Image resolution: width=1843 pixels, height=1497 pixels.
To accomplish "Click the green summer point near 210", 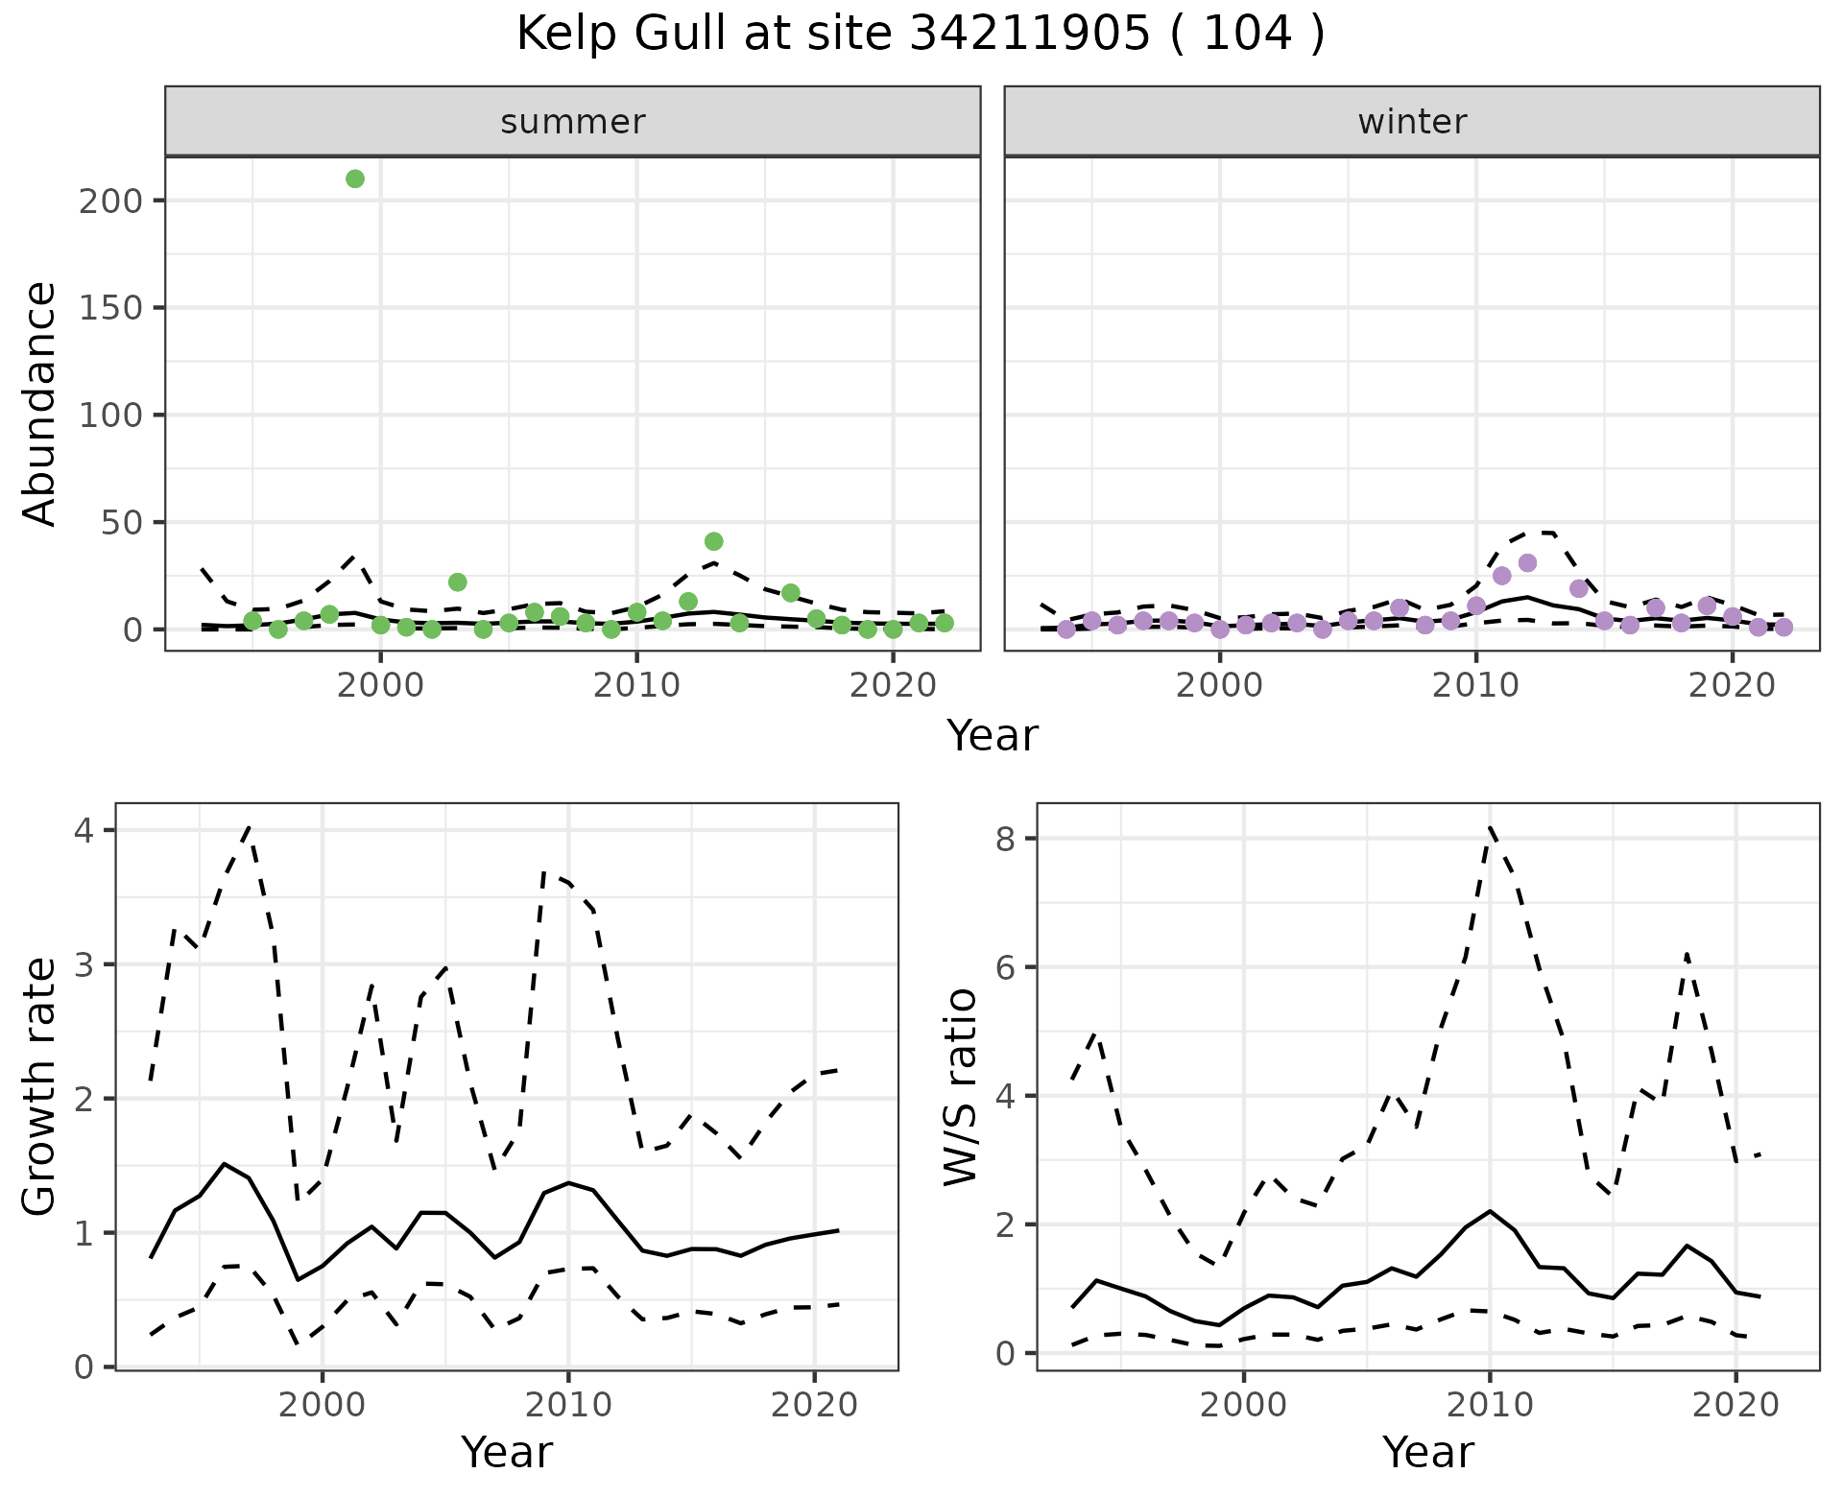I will click(x=355, y=178).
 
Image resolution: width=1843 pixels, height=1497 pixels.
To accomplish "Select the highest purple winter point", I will click(x=1528, y=562).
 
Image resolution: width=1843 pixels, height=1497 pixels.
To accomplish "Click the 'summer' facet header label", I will click(x=573, y=122).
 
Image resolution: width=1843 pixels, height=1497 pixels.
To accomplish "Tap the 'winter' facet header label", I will click(x=1412, y=122).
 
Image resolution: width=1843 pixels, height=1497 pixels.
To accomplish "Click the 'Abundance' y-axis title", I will click(x=40, y=403).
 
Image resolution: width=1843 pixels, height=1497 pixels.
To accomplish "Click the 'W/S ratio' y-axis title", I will click(x=960, y=1086).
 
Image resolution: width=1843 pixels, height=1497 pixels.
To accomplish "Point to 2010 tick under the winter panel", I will click(x=1476, y=685).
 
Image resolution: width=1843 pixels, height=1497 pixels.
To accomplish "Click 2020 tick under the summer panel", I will click(x=893, y=685).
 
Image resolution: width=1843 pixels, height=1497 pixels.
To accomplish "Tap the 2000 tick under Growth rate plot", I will click(x=323, y=1405).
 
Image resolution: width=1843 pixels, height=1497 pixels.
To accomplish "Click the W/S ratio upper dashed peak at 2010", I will click(x=1490, y=826).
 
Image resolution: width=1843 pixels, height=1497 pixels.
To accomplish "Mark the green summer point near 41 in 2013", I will click(x=713, y=541).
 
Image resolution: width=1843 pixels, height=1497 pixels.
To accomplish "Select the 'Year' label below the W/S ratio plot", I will click(x=1427, y=1453).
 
